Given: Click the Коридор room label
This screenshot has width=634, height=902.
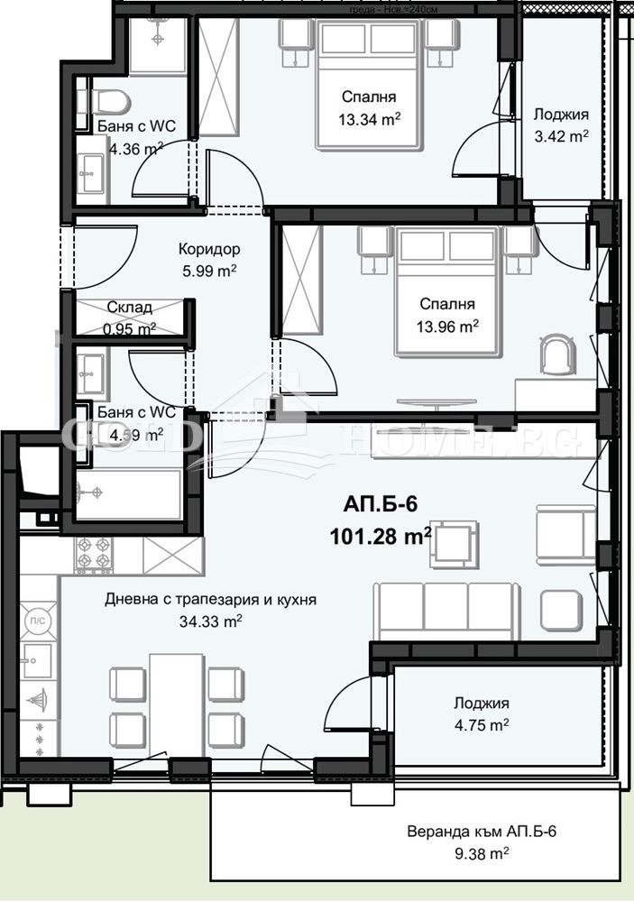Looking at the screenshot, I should (x=208, y=249).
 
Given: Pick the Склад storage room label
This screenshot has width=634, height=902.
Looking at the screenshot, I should (x=129, y=308).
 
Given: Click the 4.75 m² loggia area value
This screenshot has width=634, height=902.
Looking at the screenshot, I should (x=482, y=723).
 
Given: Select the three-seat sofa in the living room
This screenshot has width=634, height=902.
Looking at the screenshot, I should (x=442, y=610).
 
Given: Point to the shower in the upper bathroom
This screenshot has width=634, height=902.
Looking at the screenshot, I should (x=157, y=44).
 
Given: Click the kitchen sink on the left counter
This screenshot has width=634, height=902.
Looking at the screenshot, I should (x=38, y=659).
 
